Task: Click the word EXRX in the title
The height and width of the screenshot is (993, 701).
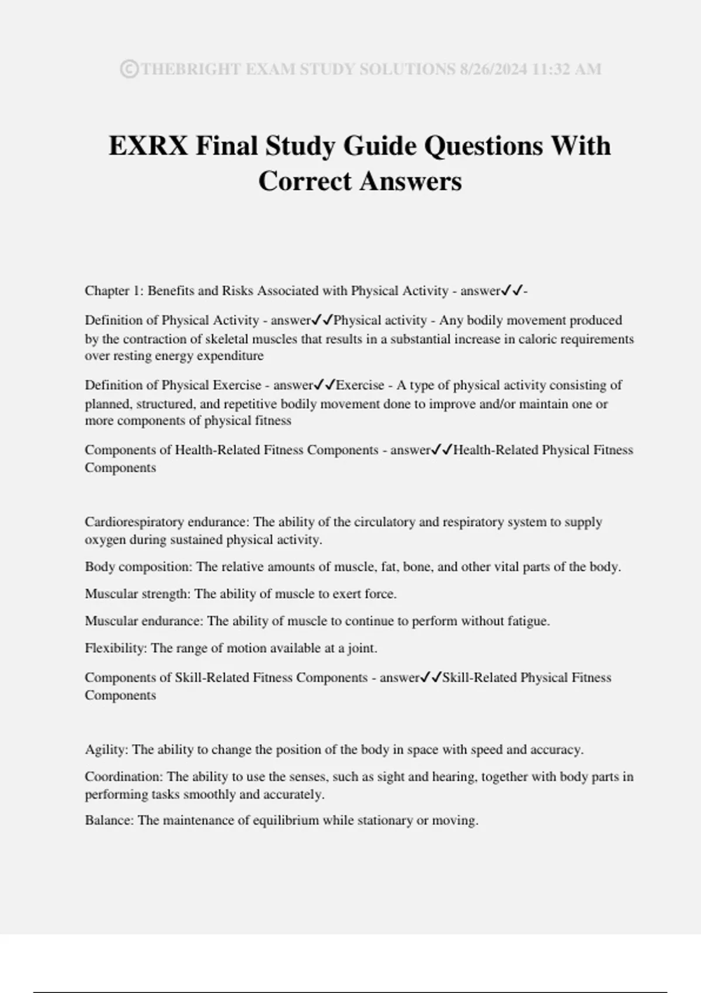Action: click(x=148, y=145)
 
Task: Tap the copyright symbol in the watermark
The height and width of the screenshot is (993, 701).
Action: click(x=129, y=70)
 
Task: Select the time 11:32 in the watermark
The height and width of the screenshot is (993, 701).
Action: click(x=553, y=70)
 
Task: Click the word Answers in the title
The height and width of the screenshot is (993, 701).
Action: click(x=410, y=181)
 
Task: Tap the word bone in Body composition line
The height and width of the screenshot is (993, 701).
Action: click(x=416, y=567)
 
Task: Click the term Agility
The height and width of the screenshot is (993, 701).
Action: click(x=106, y=750)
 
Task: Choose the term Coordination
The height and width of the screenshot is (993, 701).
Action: click(x=123, y=777)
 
